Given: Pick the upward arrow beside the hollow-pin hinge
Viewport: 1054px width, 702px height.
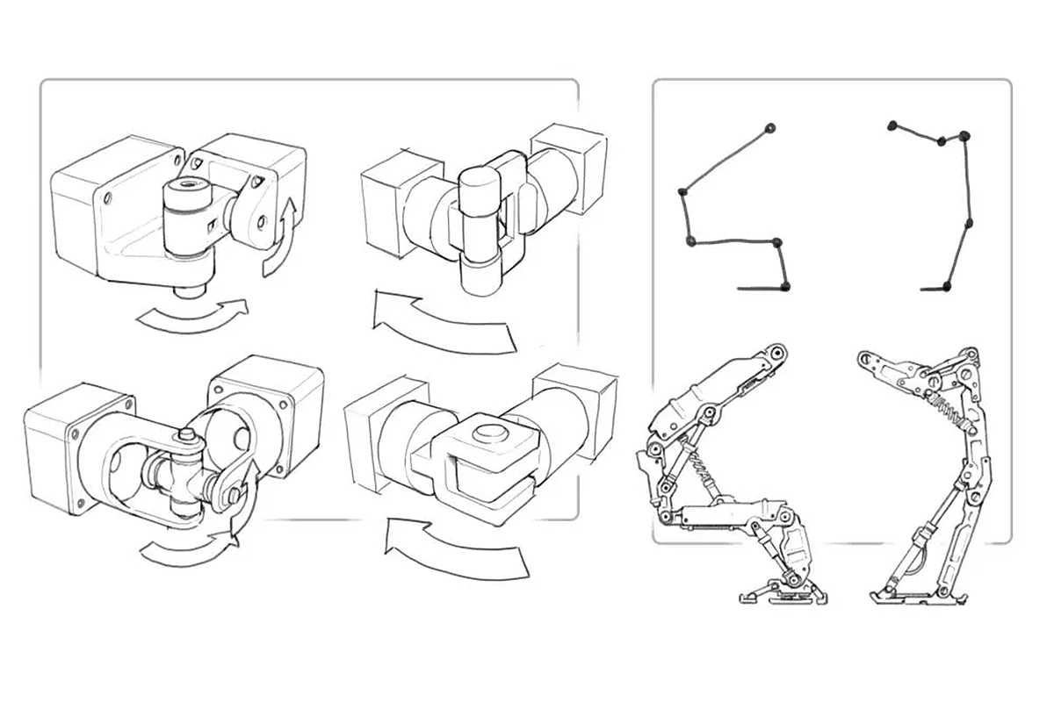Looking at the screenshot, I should [279, 237].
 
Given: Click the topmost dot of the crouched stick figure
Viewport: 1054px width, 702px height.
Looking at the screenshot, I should [770, 128].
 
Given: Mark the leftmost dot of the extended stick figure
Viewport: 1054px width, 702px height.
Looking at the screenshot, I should [893, 124].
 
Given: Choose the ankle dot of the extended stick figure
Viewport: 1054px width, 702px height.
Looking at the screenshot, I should [947, 284].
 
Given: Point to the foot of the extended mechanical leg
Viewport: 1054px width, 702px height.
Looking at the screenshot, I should [913, 595].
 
